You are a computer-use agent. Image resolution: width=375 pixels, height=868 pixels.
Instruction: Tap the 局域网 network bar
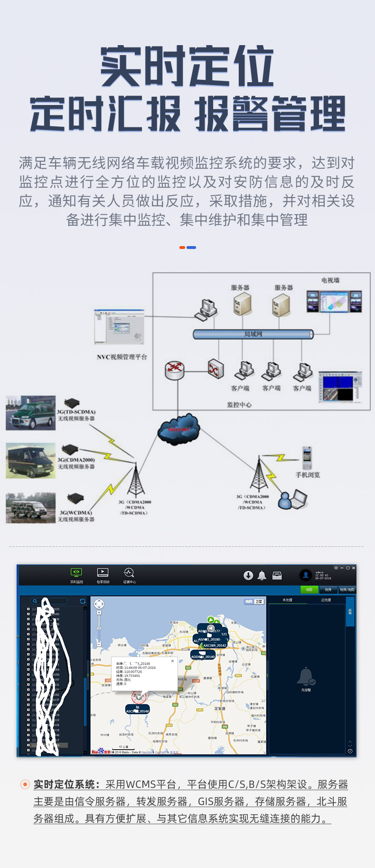[x=253, y=334]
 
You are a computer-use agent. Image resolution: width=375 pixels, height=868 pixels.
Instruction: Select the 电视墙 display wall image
[x=334, y=301]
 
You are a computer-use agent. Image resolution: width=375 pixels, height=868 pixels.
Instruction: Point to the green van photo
[x=30, y=413]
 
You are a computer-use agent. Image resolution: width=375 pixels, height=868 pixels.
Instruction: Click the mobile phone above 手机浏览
[x=307, y=458]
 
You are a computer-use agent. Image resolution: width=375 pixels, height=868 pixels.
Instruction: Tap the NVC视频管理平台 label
[x=122, y=357]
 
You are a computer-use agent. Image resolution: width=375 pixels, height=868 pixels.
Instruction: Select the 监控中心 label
[x=239, y=405]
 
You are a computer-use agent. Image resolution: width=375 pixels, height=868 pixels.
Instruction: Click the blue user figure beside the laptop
[x=285, y=501]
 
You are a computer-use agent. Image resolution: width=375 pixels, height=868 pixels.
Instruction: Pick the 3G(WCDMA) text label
[x=76, y=513]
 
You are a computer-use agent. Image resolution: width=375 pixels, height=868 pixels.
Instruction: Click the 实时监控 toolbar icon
[x=76, y=575]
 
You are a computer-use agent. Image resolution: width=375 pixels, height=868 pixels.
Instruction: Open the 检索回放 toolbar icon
[x=103, y=575]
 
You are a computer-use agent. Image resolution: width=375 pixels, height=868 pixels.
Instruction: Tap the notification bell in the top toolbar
[x=262, y=576]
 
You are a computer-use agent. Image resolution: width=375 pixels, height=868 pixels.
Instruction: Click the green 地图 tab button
[x=309, y=590]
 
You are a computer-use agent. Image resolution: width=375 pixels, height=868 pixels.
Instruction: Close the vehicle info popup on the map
[x=172, y=661]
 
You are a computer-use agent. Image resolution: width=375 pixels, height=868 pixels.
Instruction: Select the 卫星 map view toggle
[x=259, y=601]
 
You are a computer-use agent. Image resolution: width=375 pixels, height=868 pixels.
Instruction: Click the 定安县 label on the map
[x=219, y=708]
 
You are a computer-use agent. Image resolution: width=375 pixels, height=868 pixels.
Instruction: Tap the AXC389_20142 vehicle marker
[x=215, y=646]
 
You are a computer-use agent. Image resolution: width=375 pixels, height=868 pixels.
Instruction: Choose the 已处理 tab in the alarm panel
[x=326, y=600]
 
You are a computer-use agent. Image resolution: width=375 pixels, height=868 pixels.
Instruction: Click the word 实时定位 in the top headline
[x=187, y=67]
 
